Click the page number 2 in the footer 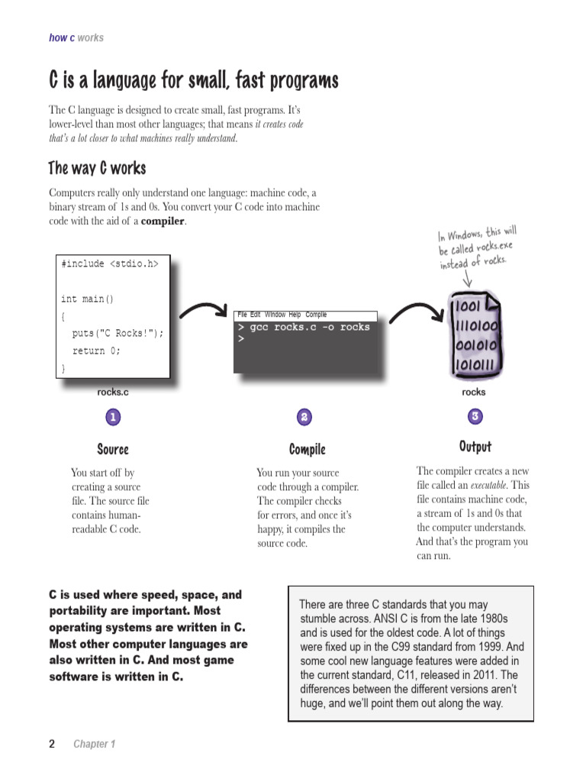[52, 744]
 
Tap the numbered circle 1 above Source [113, 417]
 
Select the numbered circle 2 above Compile [304, 417]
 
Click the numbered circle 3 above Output [475, 416]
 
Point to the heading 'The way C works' [97, 168]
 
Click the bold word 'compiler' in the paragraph [163, 221]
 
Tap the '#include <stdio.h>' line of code [110, 264]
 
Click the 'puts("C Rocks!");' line [118, 334]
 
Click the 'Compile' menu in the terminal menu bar [316, 315]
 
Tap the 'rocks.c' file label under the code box [113, 393]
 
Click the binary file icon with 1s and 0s [476, 337]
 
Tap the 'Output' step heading [475, 447]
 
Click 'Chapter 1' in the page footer [94, 744]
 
